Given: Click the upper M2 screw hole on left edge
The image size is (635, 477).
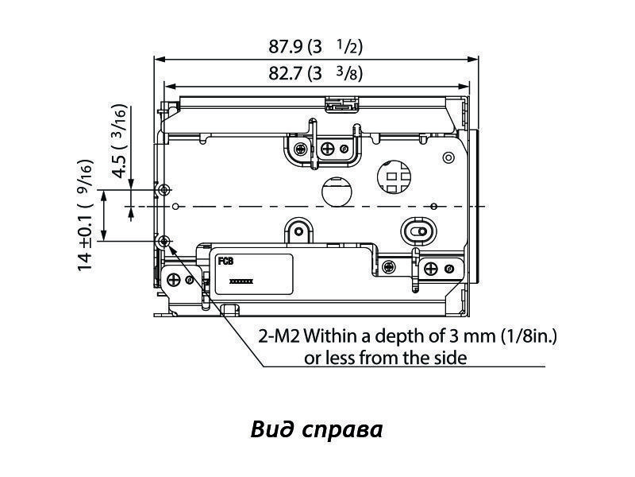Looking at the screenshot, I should point(164,190).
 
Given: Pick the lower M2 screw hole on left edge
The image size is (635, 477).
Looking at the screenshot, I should point(164,241).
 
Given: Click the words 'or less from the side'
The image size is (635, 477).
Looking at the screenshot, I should point(386,357).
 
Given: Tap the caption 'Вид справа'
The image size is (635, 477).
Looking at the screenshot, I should point(317,429).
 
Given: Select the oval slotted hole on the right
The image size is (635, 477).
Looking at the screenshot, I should point(418,230).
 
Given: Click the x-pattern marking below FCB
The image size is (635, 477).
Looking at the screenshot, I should point(241,281).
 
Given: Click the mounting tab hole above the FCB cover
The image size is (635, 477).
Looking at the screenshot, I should point(299,232).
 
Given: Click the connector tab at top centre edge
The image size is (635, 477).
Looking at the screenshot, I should point(342,104).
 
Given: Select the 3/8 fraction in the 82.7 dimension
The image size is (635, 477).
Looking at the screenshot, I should point(348,74).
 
